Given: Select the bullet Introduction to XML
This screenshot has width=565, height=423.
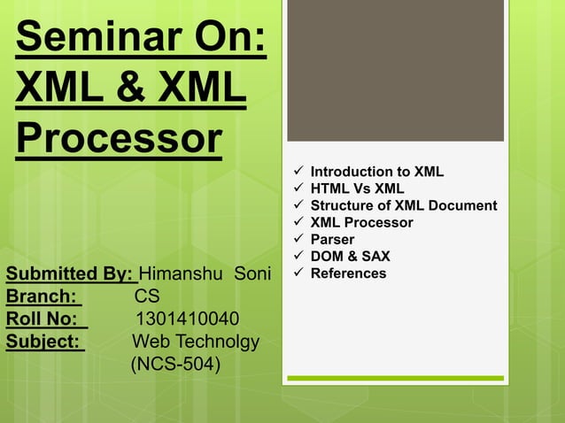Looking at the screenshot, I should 376,172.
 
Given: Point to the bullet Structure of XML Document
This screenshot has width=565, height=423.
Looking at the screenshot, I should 403,205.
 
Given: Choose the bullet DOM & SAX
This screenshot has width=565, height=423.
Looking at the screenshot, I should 350,257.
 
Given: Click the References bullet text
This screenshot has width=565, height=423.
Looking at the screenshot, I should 348,273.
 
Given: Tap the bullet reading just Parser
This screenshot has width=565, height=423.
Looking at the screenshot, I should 332,240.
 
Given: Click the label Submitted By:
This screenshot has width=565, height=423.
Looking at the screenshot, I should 70,273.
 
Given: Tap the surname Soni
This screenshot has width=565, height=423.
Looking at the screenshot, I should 251,273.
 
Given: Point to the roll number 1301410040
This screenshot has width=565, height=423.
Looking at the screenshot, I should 187,319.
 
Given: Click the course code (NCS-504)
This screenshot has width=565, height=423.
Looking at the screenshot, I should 175,364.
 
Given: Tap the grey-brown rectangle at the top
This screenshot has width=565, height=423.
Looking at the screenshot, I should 395,71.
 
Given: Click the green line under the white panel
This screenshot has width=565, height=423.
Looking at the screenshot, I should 395,379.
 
